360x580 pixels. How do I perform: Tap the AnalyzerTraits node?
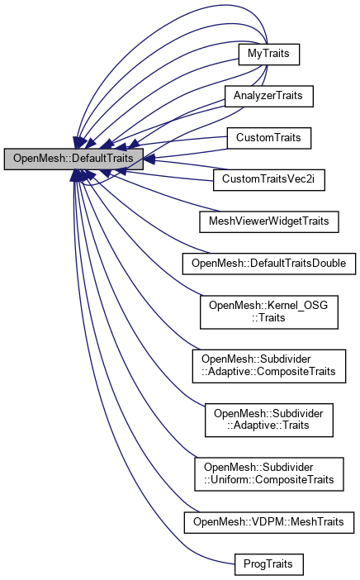point(268,96)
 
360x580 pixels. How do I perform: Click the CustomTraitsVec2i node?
point(268,180)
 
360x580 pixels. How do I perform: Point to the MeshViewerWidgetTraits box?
point(268,222)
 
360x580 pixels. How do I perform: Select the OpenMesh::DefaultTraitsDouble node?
point(268,264)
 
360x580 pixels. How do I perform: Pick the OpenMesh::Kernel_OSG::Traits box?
point(268,312)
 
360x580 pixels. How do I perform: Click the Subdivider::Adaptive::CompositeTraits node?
point(268,366)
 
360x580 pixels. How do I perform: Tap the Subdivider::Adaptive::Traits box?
point(268,420)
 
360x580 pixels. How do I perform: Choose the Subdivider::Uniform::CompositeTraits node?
point(268,473)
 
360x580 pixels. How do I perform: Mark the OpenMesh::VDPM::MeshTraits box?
point(268,522)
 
